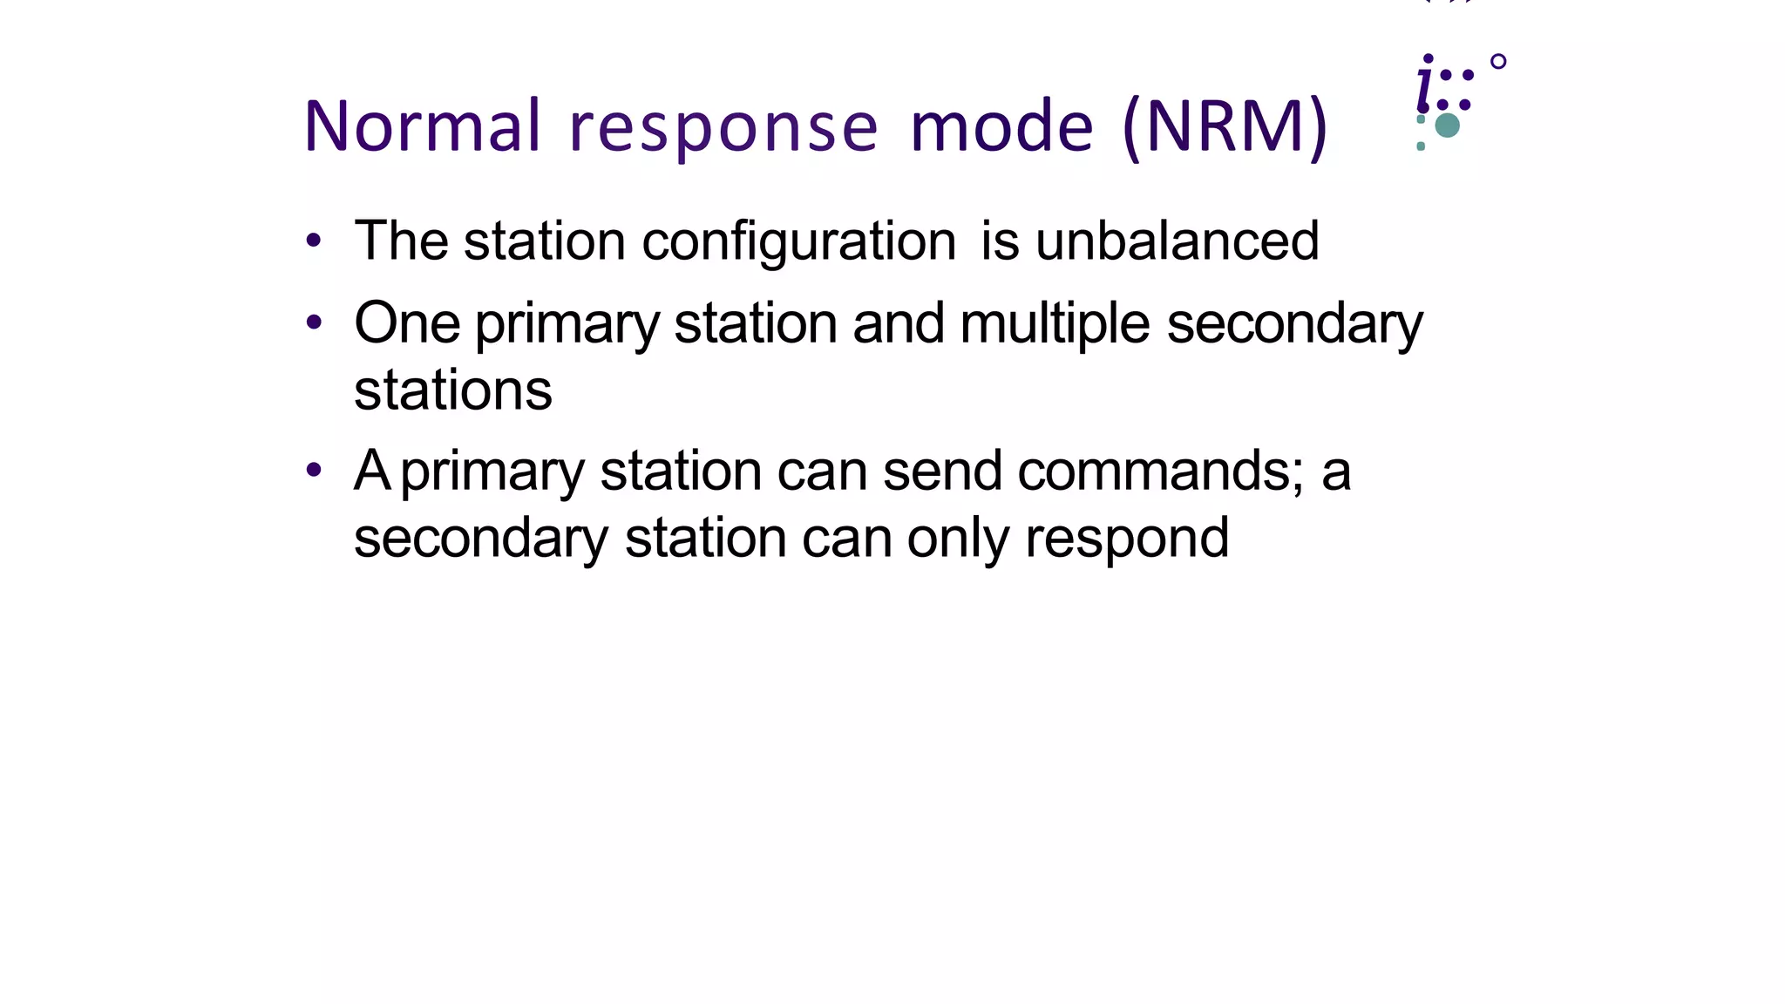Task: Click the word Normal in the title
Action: [423, 126]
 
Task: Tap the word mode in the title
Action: [1001, 126]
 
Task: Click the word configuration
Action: [798, 242]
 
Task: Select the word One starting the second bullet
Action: [406, 323]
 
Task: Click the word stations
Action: [452, 390]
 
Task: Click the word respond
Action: [1127, 539]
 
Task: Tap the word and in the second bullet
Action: [898, 323]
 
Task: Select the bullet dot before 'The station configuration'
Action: [314, 241]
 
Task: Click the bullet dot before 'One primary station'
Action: [314, 323]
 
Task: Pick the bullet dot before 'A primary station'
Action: [314, 471]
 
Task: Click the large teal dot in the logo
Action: [1447, 125]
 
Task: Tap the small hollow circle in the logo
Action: [1498, 62]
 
